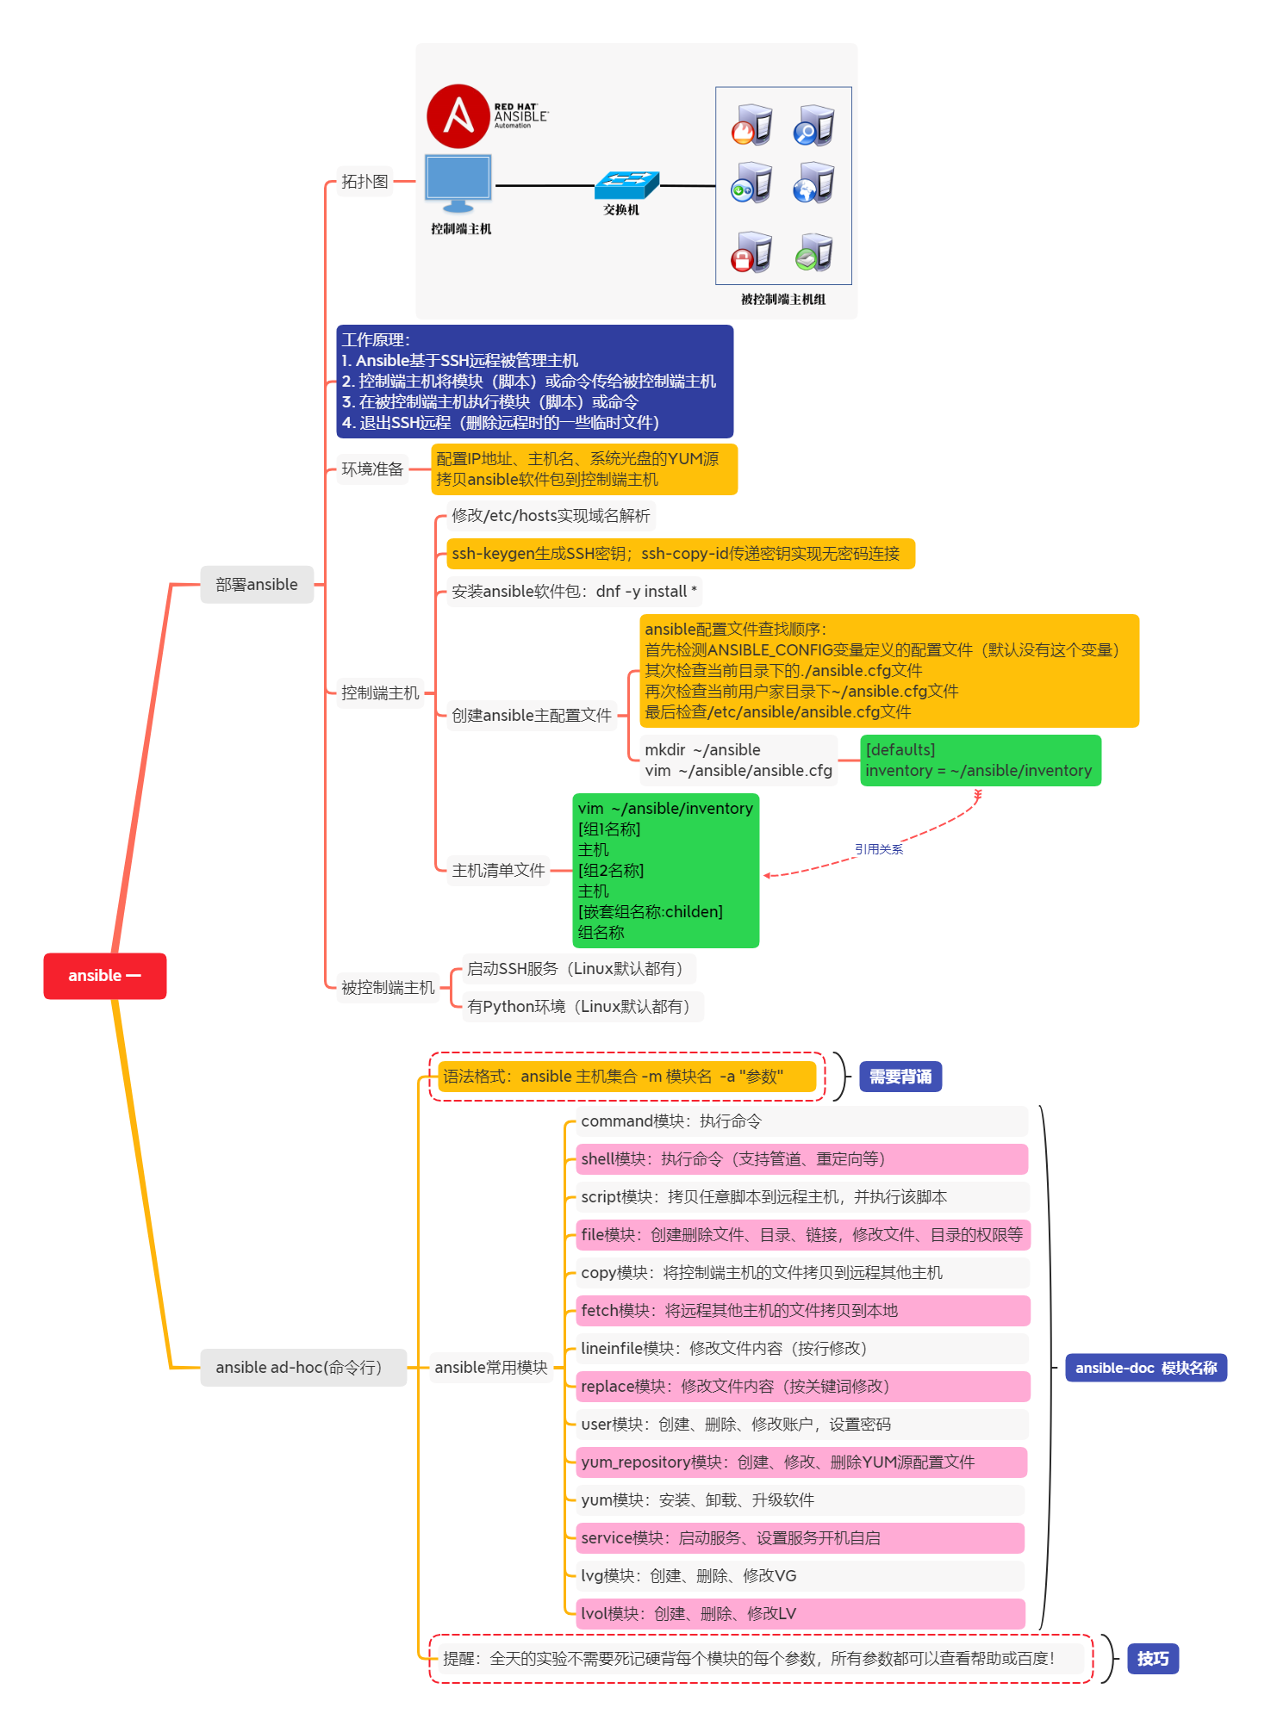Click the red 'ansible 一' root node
[104, 976]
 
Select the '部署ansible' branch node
[257, 585]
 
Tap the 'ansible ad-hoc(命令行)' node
[302, 1368]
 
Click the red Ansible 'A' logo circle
[458, 115]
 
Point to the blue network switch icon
[626, 183]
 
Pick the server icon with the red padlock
[751, 253]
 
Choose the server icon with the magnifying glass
[814, 125]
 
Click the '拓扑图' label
[364, 182]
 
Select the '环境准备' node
[372, 469]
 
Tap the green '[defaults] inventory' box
[980, 761]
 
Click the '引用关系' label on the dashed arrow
[878, 849]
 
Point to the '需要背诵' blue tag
[900, 1077]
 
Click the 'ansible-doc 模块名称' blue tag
[1145, 1368]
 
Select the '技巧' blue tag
[1152, 1659]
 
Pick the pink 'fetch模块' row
[802, 1311]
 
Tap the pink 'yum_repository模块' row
[801, 1462]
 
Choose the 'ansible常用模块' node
[490, 1368]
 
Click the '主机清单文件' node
[498, 871]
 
